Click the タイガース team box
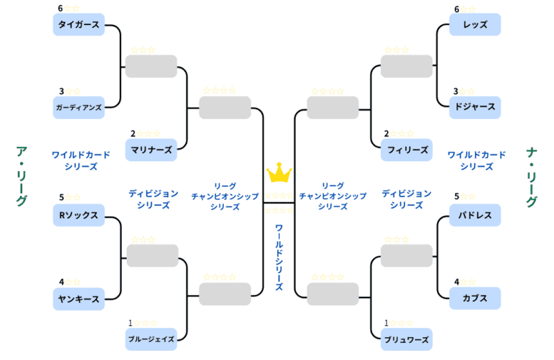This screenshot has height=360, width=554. (79, 25)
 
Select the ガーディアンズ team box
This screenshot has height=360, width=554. (79, 107)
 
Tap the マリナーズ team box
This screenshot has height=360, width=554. (151, 150)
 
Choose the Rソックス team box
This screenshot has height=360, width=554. (79, 215)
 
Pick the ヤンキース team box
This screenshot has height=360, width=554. (79, 299)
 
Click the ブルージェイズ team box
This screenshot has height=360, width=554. (151, 339)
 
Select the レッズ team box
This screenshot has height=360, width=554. (475, 25)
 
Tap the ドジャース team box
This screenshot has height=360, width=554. (475, 107)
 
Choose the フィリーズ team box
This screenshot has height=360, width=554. (406, 150)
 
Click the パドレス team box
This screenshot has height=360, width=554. (475, 215)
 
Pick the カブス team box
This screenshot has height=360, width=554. (475, 299)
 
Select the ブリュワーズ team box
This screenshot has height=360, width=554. (406, 339)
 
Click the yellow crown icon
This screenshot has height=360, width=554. (279, 172)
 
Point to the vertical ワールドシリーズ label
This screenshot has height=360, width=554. (279, 257)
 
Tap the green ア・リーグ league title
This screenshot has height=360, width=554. (21, 177)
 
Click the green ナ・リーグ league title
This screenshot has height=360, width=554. (532, 177)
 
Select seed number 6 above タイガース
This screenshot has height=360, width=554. (61, 9)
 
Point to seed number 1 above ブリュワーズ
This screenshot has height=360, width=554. (387, 323)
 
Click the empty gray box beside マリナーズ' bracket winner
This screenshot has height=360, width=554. (224, 107)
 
